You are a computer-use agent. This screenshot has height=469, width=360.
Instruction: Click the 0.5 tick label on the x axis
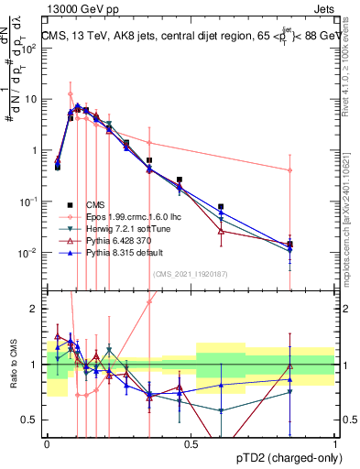coord(191,444)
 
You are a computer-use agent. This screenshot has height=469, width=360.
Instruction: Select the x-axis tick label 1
coord(335,444)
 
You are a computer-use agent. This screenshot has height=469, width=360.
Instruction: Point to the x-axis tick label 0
coord(47,444)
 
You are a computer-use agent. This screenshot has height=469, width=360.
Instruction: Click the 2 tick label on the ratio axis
coord(36,309)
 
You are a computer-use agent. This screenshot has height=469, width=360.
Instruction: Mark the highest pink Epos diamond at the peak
coord(71,94)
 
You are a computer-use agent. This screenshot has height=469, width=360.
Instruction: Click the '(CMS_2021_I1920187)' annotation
coord(190,274)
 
